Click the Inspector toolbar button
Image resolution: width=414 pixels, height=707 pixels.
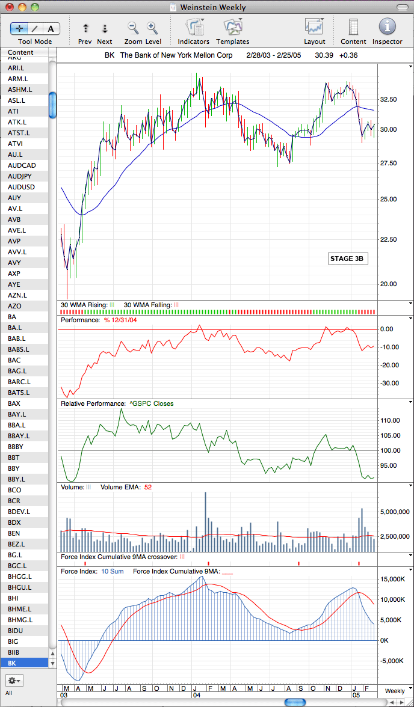coord(387,26)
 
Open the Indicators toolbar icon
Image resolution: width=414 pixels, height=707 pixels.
coord(194,26)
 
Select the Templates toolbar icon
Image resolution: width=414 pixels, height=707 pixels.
coord(233,26)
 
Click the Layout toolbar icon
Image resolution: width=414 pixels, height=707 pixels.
coord(314,26)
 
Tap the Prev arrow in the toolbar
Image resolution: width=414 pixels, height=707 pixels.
coord(85,28)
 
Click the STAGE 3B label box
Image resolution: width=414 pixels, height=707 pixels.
coord(346,259)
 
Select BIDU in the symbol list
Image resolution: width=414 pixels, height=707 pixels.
coord(14,630)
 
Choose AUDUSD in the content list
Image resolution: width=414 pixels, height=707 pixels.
coord(21,186)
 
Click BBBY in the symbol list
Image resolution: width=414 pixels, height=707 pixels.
coord(16,446)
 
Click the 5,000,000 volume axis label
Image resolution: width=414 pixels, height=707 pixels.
coord(395,512)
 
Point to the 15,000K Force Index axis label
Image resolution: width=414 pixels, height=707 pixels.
coord(395,579)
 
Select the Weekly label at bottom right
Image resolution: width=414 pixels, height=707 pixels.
coord(395,691)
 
